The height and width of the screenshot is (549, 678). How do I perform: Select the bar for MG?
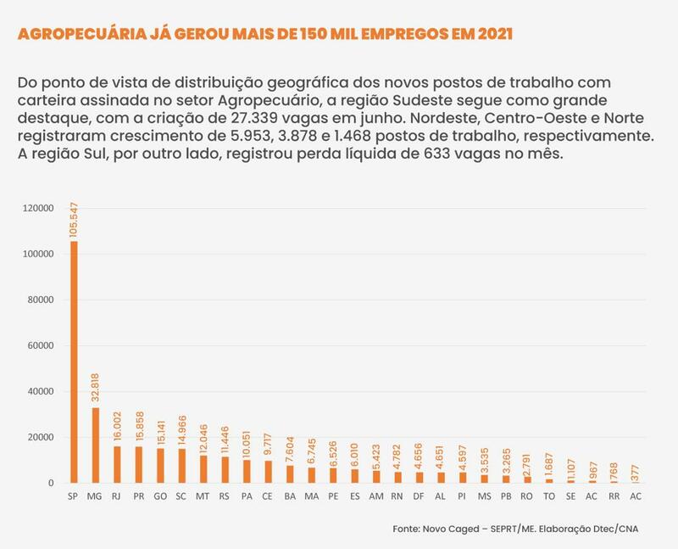coord(96,445)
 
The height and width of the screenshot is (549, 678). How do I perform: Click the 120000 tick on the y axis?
coord(38,209)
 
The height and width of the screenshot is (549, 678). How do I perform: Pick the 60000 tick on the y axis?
coord(41,346)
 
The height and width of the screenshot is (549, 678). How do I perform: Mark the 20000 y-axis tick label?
coord(41,438)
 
